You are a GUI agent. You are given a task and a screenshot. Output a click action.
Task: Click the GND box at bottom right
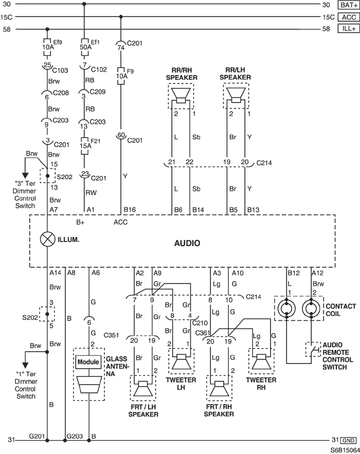click(x=348, y=440)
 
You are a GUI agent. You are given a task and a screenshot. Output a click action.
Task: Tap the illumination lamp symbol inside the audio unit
click(x=47, y=238)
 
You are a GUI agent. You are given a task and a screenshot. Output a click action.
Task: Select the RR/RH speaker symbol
click(x=181, y=95)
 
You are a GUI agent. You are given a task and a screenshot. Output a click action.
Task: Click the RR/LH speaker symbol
click(x=237, y=95)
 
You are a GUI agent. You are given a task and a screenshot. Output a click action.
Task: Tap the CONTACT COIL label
click(x=340, y=310)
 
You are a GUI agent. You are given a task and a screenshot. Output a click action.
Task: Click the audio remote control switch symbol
click(x=312, y=351)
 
